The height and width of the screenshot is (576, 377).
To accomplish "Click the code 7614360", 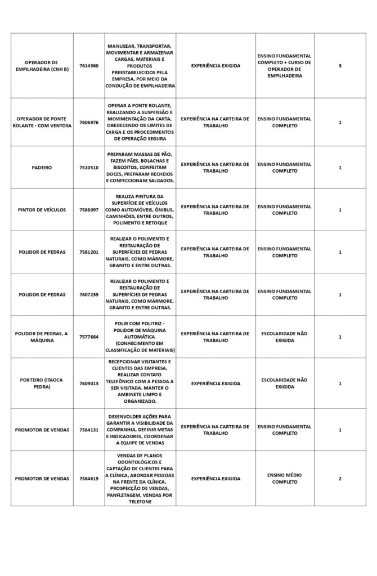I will click(89, 66).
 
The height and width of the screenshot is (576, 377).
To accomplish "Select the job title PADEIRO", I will click(42, 168).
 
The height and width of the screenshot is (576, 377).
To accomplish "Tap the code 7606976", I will click(89, 122).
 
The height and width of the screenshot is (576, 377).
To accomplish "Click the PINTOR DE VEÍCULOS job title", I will click(42, 210).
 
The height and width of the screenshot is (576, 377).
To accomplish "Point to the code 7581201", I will click(89, 252).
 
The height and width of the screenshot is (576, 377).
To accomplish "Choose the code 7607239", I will click(89, 294).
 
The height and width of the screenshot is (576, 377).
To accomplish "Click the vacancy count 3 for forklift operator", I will click(340, 66).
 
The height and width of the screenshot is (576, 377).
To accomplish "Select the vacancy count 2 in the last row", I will click(340, 479).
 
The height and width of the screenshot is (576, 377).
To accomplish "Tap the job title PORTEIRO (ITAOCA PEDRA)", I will click(42, 383).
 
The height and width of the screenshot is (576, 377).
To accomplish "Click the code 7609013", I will click(89, 383).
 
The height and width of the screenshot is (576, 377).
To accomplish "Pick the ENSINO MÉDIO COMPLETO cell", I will click(285, 479).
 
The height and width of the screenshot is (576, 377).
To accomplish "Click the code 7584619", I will click(89, 479).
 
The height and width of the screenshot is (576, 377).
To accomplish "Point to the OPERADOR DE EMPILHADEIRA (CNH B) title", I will click(42, 66).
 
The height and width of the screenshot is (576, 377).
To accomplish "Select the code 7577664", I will click(89, 337).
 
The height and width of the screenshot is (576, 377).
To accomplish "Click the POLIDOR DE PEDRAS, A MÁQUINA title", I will click(42, 337).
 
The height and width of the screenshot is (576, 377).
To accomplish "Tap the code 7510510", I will click(89, 168).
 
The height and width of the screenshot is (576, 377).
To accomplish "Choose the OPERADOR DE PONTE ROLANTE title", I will click(42, 122).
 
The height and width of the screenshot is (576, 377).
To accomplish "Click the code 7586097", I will click(89, 210).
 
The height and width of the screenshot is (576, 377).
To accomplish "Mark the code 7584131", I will click(89, 430).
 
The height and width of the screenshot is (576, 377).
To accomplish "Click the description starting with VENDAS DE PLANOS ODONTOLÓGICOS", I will click(140, 479).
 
